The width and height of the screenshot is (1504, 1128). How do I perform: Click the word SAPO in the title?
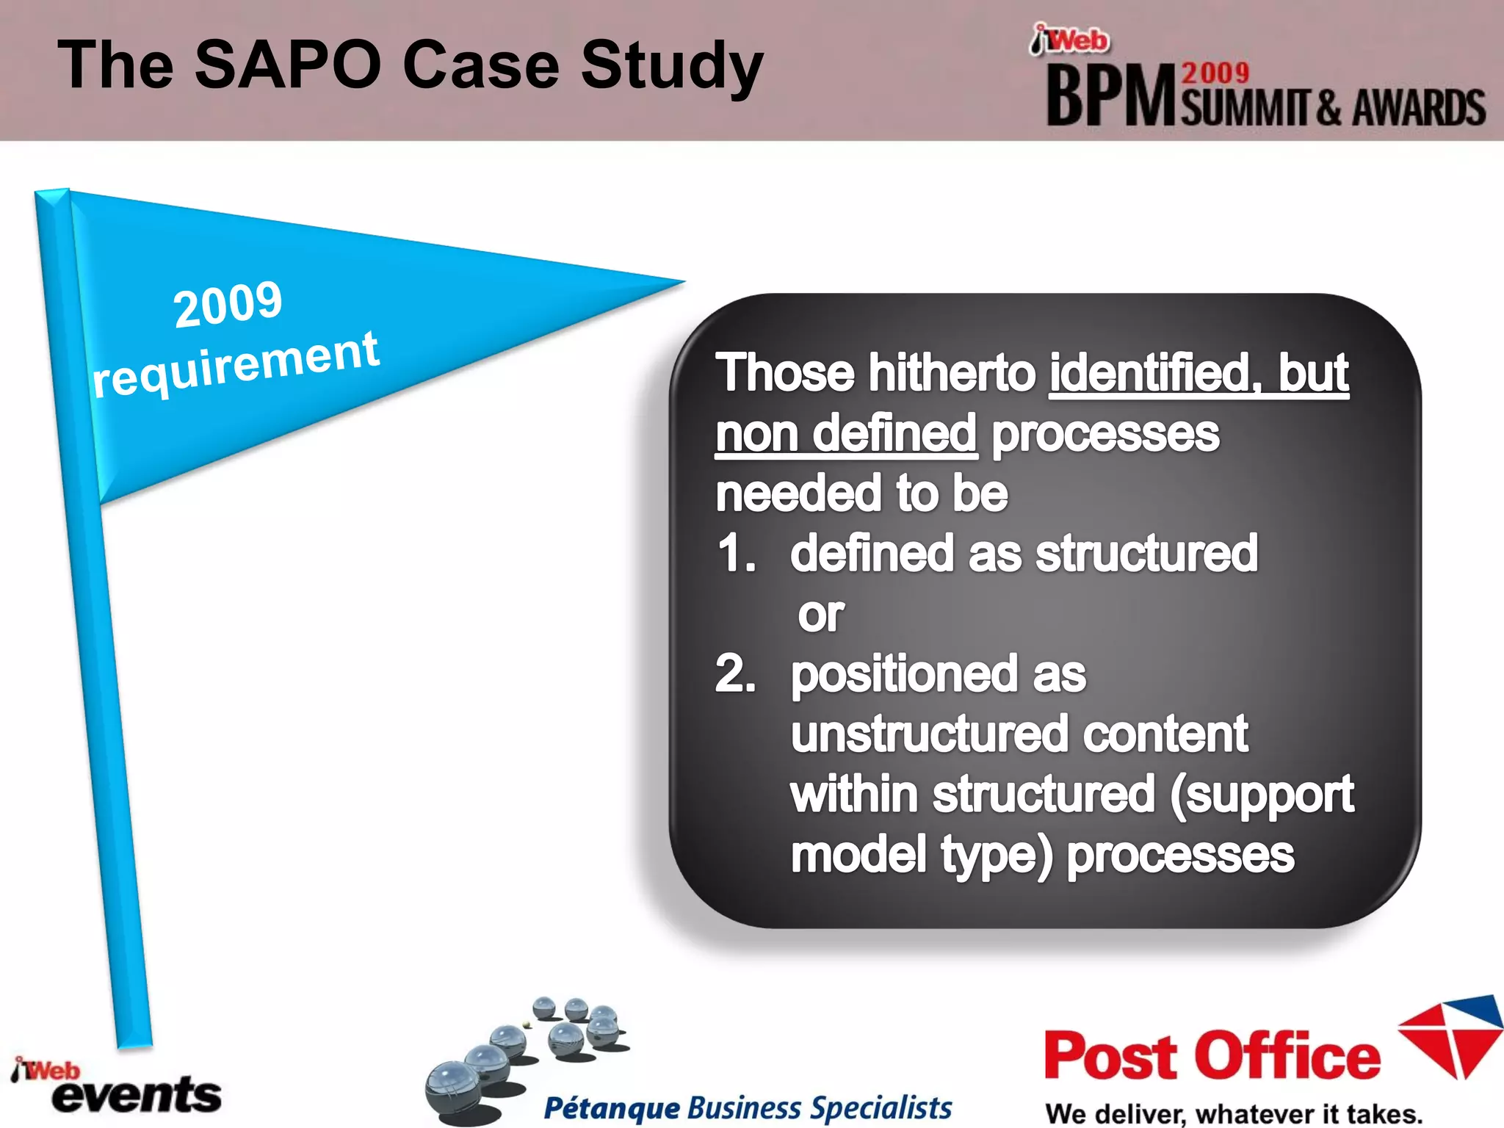point(288,65)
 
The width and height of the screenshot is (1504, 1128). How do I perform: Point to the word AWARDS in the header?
point(1418,109)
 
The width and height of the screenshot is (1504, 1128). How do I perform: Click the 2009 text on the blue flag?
point(228,304)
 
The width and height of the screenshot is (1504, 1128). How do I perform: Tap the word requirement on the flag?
point(235,364)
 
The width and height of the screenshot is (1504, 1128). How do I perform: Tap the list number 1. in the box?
point(736,554)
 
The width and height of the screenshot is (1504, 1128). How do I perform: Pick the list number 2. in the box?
point(736,674)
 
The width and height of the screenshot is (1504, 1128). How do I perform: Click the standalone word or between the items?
point(820,614)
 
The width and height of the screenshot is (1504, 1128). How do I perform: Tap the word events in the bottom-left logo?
point(137,1096)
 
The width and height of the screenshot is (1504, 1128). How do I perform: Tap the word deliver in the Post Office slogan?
point(1139,1114)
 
